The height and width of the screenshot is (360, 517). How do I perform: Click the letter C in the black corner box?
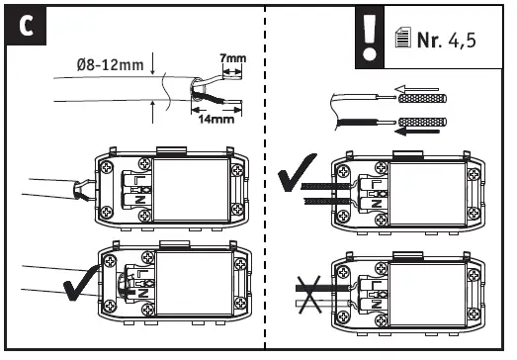pyautogui.click(x=26, y=26)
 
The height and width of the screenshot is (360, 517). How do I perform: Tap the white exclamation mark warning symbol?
pyautogui.click(x=370, y=37)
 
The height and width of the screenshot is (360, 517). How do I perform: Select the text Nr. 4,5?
pyautogui.click(x=447, y=40)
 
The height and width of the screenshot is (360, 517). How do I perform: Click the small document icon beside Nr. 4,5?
pyautogui.click(x=403, y=38)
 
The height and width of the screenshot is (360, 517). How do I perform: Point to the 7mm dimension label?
pyautogui.click(x=233, y=58)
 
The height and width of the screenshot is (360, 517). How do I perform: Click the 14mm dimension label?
pyautogui.click(x=216, y=119)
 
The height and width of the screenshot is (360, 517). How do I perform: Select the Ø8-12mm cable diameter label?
pyautogui.click(x=110, y=65)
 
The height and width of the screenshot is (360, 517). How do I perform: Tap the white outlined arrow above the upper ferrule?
pyautogui.click(x=416, y=89)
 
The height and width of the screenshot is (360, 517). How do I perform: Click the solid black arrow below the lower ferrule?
pyautogui.click(x=417, y=132)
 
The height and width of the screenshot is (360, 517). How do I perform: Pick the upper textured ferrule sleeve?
pyautogui.click(x=423, y=98)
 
